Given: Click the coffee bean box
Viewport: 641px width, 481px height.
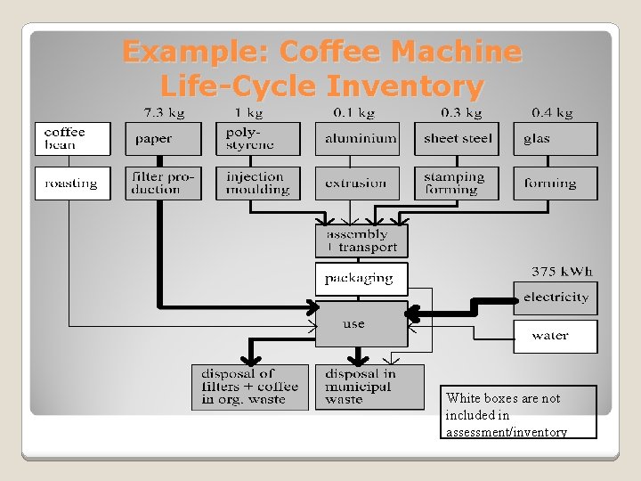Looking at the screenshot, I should (x=72, y=139).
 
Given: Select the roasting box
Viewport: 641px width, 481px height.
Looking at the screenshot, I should (x=72, y=183).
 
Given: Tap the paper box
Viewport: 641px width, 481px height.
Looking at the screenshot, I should (x=163, y=139).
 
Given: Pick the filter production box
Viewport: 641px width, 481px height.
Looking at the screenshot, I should (x=163, y=183).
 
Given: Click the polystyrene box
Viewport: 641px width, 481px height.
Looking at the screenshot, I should (x=258, y=139).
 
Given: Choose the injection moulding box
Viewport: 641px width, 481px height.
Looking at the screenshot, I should (x=258, y=183).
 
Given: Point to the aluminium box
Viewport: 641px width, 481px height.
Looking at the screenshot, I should (x=358, y=139).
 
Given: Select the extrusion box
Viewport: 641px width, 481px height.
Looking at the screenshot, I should (x=358, y=183).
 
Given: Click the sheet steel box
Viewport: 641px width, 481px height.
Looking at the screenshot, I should (x=457, y=139).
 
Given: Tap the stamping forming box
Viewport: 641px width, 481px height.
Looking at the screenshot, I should (x=457, y=183).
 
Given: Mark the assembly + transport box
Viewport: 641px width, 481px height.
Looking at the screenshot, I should (x=361, y=241).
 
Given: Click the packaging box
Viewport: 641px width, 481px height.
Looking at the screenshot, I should (x=361, y=279).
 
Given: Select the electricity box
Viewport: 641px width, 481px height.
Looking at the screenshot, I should (x=556, y=298).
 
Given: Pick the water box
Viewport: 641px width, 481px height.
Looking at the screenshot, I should (x=556, y=337).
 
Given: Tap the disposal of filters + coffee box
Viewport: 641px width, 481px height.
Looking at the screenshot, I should (x=250, y=387).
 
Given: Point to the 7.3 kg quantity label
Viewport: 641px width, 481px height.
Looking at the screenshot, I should (x=165, y=113).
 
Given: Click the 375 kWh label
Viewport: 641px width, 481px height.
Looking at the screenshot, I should (x=562, y=272).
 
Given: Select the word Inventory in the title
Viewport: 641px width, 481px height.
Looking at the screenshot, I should (x=405, y=87).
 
